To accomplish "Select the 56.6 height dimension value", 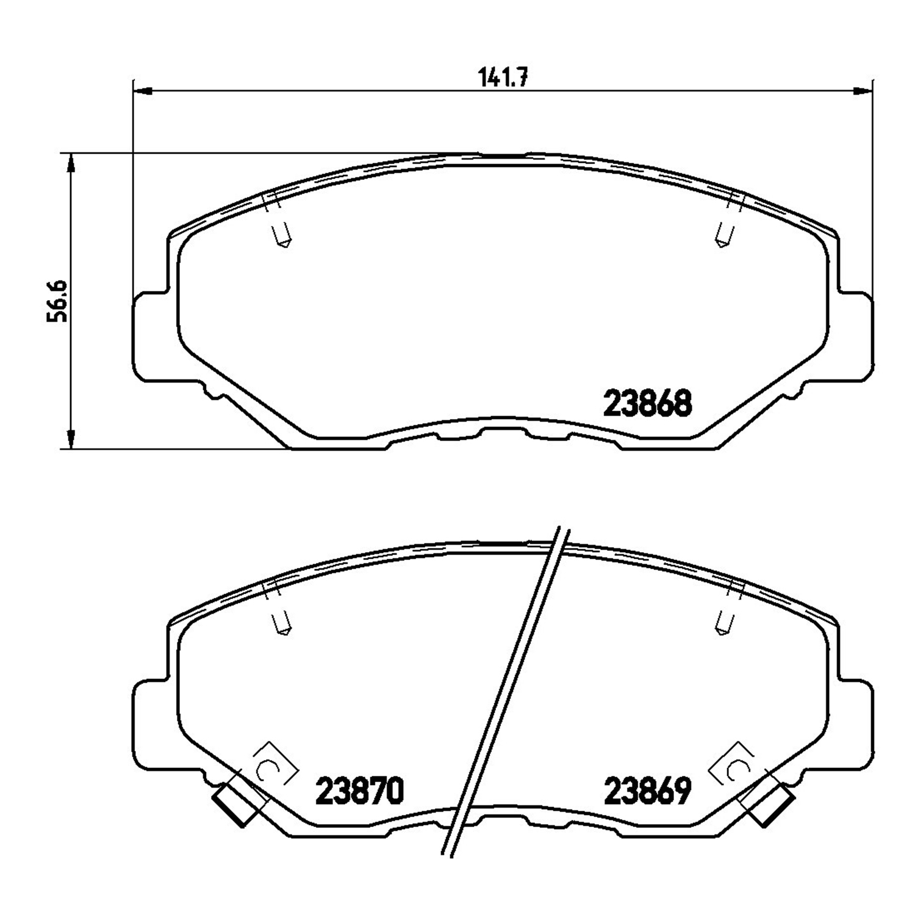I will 59,301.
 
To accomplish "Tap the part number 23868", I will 647,403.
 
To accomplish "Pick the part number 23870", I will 360,791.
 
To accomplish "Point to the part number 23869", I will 647,791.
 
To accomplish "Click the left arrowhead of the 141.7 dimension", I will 142,91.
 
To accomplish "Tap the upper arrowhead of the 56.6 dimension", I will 71,163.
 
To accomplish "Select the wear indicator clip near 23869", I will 770,804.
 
